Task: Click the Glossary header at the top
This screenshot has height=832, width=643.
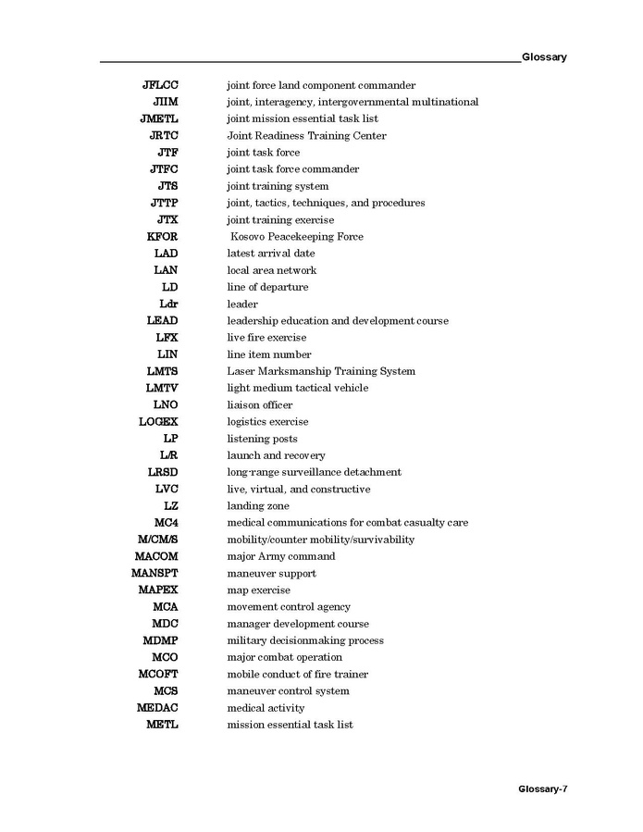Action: click(544, 57)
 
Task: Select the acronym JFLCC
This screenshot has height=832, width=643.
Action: click(160, 85)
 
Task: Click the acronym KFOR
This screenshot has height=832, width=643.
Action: click(162, 237)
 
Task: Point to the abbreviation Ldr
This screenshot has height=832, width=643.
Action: click(169, 304)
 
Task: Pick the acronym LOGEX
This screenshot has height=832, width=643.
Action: click(158, 422)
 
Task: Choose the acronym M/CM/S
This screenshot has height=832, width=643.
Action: click(156, 540)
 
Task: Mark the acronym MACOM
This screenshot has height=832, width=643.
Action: click(156, 556)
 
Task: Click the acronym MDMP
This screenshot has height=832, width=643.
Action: click(160, 640)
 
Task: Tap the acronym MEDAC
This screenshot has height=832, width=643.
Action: click(157, 708)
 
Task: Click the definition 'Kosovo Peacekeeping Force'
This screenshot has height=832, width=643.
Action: click(297, 237)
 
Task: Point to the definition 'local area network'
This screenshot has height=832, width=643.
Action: click(272, 270)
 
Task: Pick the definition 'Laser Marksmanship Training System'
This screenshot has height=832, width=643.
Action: click(321, 371)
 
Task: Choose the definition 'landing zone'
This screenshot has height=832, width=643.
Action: click(258, 506)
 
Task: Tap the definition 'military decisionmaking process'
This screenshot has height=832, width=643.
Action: click(305, 640)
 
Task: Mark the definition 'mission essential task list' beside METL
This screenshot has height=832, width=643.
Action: click(290, 725)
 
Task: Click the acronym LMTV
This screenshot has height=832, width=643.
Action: click(162, 388)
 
